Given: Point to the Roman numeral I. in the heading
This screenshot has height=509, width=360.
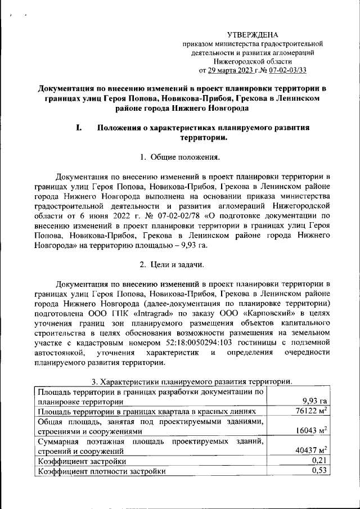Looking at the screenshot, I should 80,128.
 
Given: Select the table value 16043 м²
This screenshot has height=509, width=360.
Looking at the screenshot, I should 310,431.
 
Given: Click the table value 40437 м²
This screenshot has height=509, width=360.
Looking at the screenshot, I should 310,451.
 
